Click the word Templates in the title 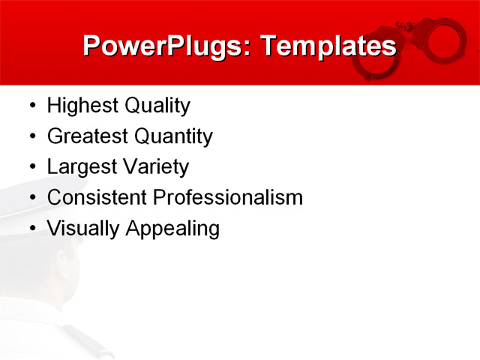[327, 46]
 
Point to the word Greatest [87, 136]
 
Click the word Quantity [173, 136]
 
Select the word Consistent [97, 197]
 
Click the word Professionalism [228, 197]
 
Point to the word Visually [83, 228]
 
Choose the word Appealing [172, 228]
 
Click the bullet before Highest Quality [31, 106]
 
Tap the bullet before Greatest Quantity [31, 137]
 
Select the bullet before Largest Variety [31, 167]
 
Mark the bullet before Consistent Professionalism [31, 198]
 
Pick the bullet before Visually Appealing [31, 228]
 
